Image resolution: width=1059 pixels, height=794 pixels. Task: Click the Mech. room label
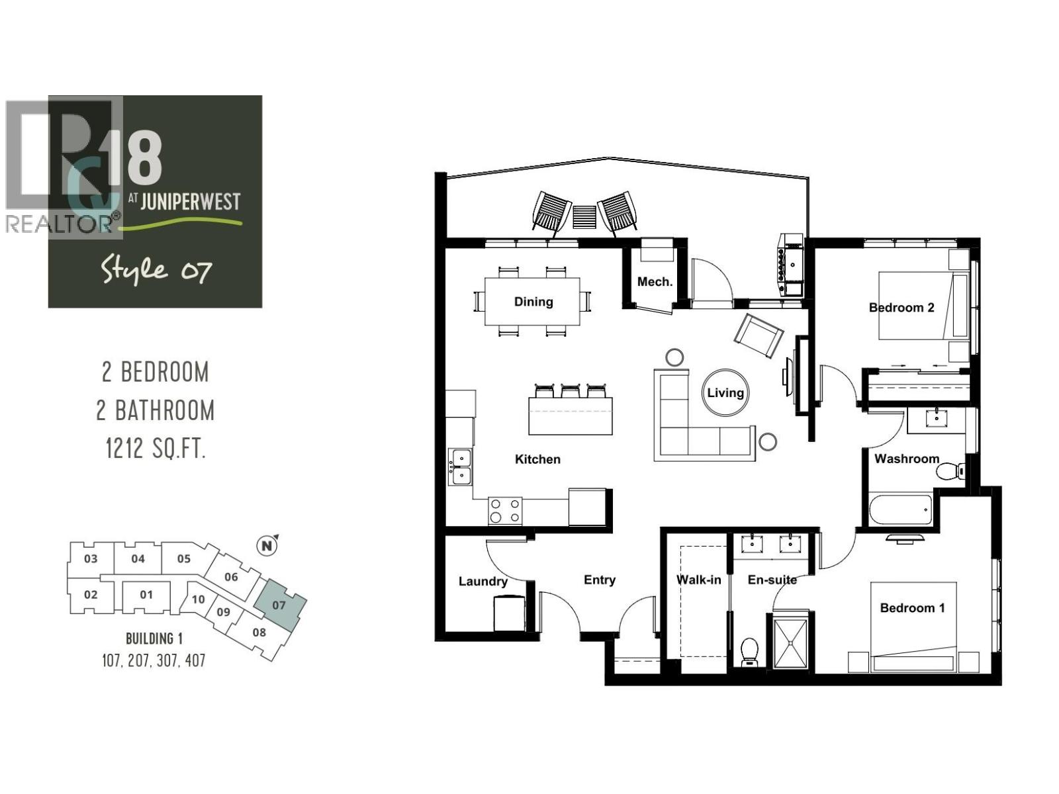[655, 282]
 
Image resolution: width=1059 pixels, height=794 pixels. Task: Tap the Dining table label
[533, 302]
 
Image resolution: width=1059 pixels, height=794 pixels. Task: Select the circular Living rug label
[725, 392]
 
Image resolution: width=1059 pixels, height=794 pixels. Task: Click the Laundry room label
[483, 581]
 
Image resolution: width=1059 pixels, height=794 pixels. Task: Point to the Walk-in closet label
[698, 580]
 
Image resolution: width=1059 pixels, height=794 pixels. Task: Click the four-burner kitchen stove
[505, 510]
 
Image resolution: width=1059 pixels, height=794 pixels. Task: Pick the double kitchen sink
[459, 466]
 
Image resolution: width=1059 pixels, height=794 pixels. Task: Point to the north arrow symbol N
[267, 546]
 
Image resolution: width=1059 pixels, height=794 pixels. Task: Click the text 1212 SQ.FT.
[156, 449]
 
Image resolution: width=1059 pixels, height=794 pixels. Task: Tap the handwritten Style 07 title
[156, 270]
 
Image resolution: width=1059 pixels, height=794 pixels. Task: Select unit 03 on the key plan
[91, 558]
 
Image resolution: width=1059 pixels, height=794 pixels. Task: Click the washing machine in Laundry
[509, 614]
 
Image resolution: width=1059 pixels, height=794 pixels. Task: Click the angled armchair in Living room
[759, 335]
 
